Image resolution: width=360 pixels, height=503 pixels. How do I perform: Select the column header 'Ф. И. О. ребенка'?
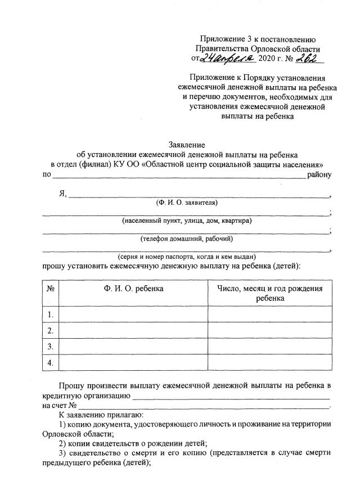point(133,288)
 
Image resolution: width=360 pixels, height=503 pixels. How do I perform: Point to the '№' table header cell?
point(51,288)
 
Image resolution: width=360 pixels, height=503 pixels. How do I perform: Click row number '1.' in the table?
point(51,314)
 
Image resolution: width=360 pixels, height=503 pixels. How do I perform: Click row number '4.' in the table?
point(51,362)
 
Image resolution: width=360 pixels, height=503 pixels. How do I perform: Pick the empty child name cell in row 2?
point(133,330)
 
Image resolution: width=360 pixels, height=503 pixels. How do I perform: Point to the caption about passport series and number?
point(186,256)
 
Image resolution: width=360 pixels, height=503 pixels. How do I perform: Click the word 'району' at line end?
point(319,174)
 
